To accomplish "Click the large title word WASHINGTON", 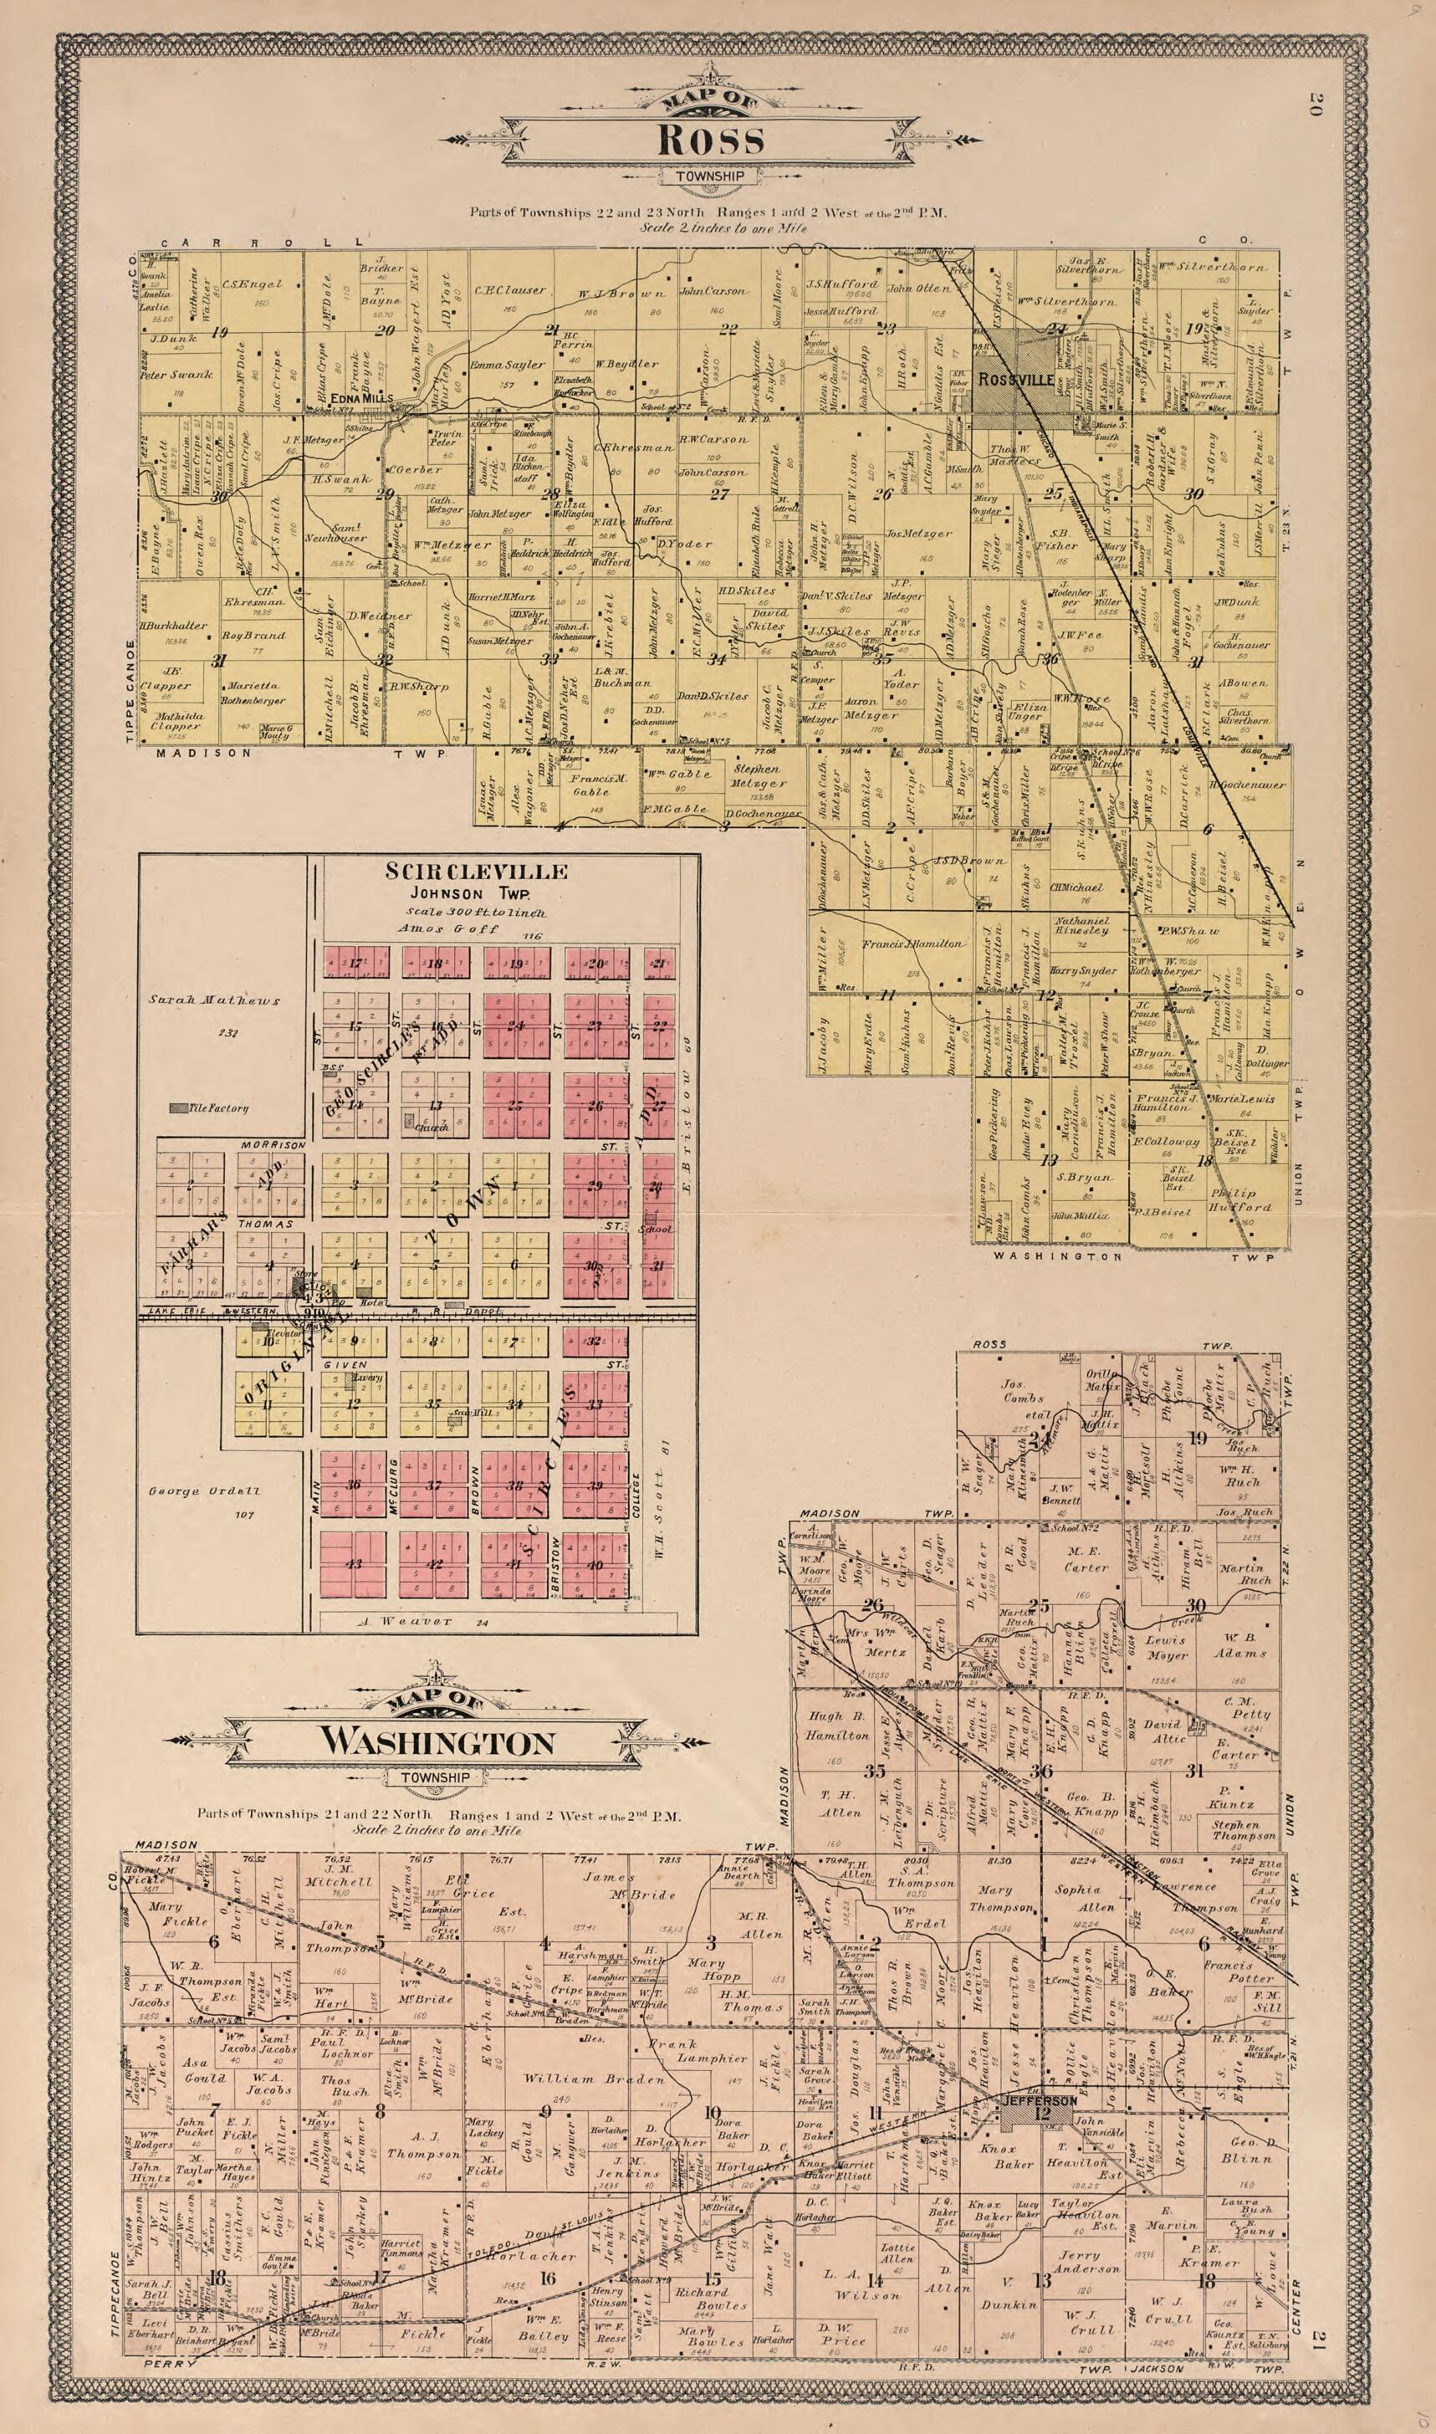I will (437, 1742).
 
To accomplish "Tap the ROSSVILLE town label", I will (1015, 381).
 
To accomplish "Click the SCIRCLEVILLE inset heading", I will (476, 871).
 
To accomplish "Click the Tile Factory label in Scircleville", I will (218, 1108).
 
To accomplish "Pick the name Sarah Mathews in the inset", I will (214, 1000).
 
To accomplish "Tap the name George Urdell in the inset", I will (203, 1491).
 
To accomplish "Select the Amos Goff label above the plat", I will (448, 928).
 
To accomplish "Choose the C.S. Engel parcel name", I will (253, 284).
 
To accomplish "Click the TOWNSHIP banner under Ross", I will (710, 177).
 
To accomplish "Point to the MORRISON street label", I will (273, 1145).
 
